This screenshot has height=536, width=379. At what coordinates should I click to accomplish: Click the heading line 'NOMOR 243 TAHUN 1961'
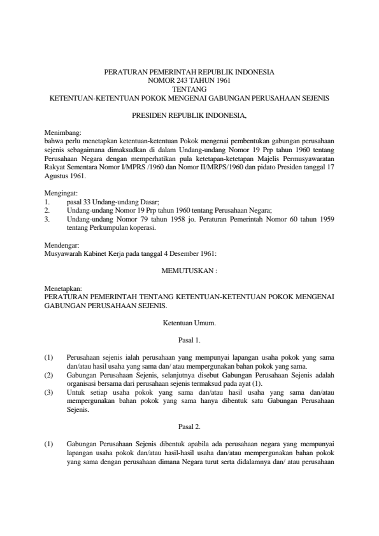(x=189, y=81)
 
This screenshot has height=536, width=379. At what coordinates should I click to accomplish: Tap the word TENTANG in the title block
(x=189, y=90)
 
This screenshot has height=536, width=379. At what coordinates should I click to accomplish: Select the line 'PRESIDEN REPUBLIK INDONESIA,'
(x=189, y=116)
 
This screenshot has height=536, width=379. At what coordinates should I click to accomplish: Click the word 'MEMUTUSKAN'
(x=187, y=270)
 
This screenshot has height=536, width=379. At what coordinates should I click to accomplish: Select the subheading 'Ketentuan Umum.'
(x=189, y=323)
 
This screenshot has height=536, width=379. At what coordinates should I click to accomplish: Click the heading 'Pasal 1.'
(x=189, y=340)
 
